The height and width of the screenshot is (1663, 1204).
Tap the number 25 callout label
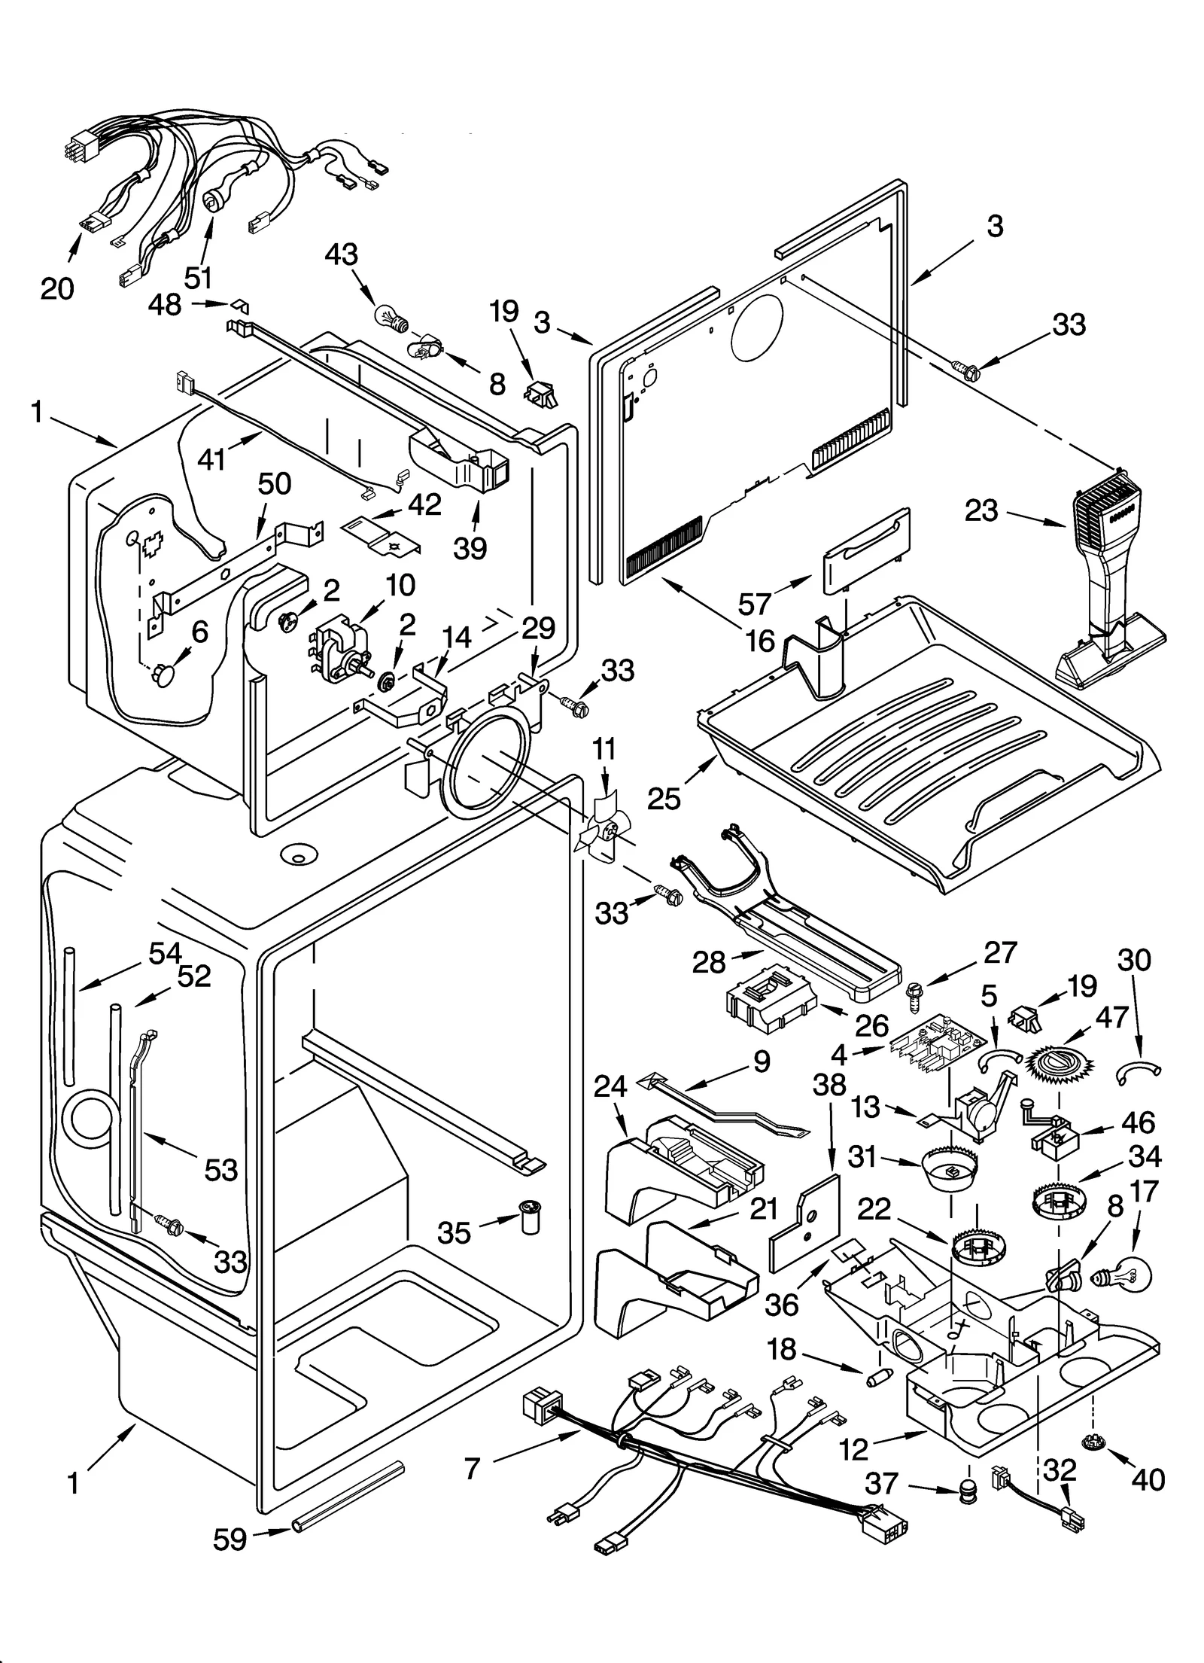point(664,797)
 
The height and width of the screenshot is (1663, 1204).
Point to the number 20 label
point(58,288)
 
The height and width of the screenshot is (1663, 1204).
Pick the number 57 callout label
point(754,602)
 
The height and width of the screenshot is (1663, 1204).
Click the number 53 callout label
point(220,1170)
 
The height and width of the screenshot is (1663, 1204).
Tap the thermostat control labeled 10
point(339,646)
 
